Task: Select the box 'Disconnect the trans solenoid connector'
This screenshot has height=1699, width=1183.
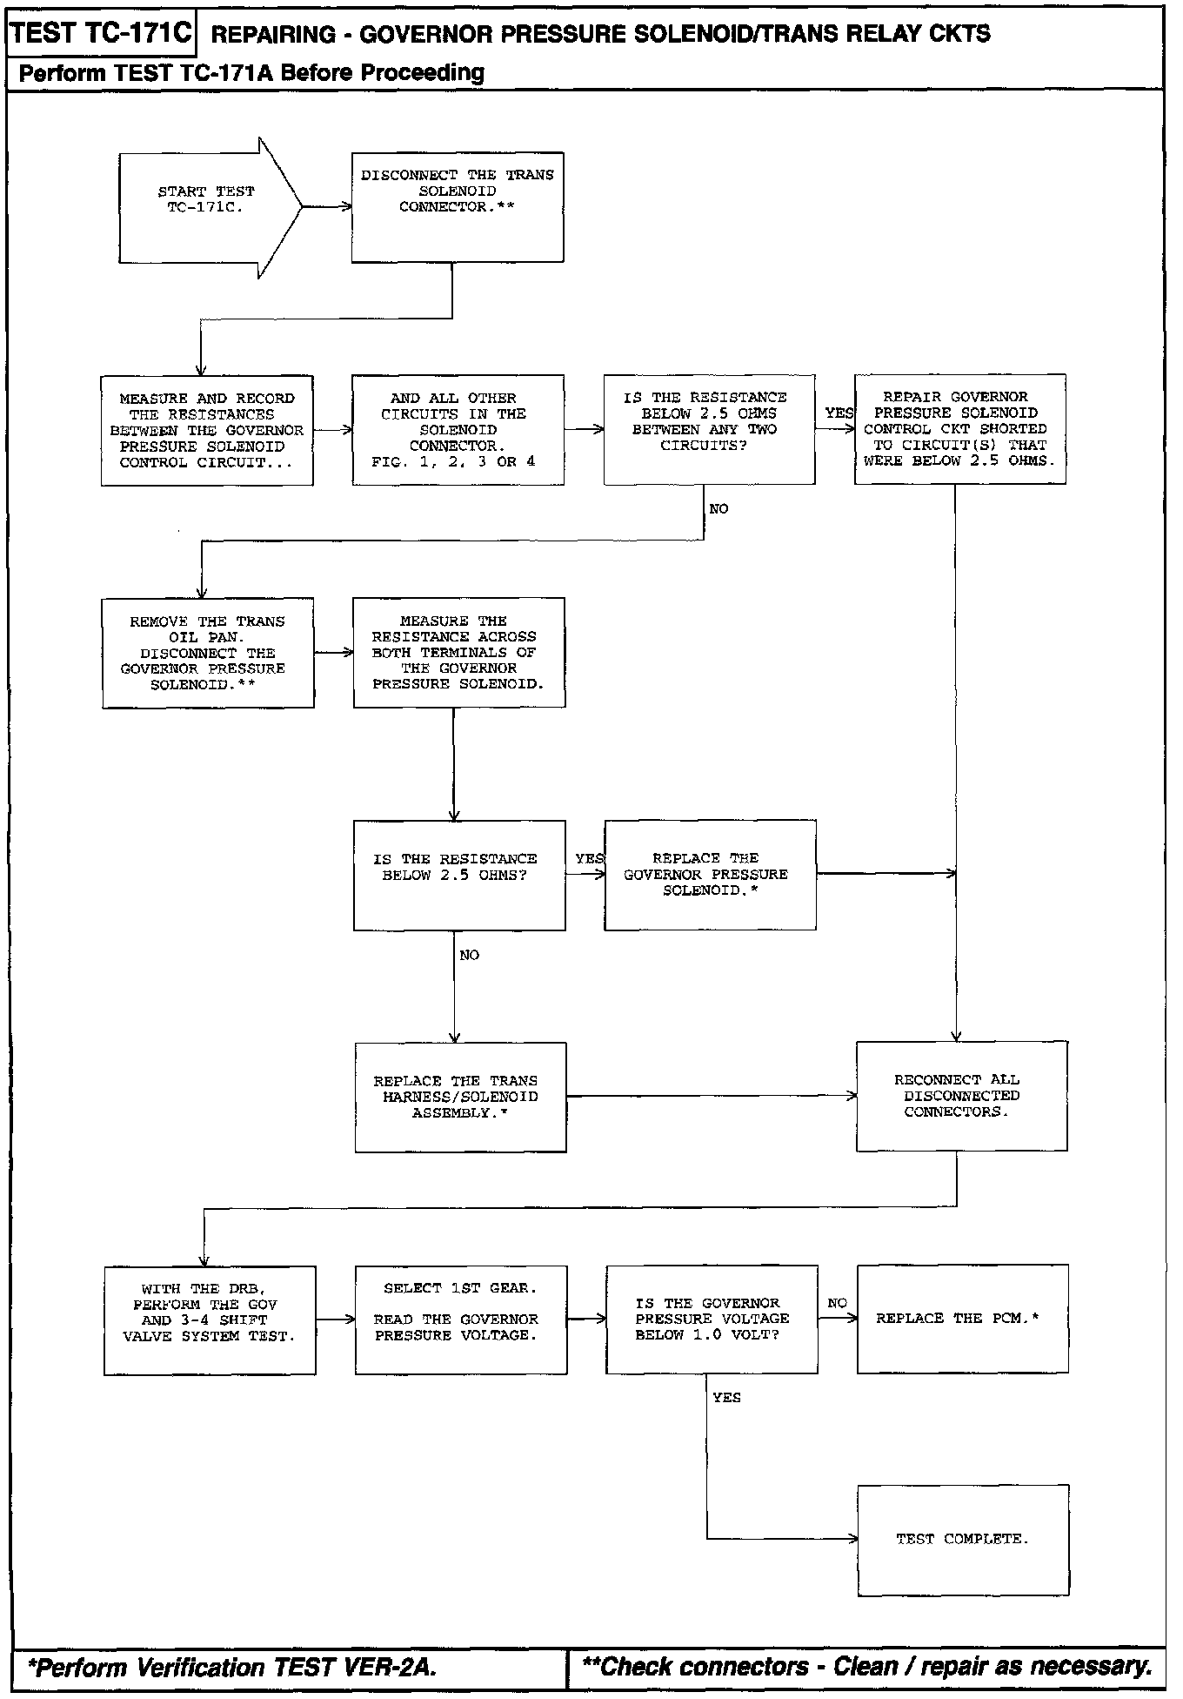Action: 458,207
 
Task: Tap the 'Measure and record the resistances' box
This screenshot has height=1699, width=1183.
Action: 207,430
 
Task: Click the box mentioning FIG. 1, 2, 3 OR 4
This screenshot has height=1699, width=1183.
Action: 458,430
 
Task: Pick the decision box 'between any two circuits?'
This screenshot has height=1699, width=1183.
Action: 709,429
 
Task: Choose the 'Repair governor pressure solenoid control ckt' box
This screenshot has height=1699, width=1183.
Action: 959,429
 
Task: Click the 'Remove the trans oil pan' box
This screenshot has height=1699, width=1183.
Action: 208,653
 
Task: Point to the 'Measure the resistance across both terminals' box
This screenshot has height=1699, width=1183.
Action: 458,652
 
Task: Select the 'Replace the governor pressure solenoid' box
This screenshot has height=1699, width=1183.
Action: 710,875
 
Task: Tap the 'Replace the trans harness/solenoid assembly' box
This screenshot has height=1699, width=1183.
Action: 460,1097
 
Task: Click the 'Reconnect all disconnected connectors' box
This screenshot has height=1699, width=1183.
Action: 961,1096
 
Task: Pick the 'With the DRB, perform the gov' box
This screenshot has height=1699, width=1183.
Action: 210,1320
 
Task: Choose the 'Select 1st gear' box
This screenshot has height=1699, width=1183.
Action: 460,1320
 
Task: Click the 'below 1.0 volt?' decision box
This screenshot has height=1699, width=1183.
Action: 712,1319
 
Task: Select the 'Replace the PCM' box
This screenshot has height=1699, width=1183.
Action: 962,1319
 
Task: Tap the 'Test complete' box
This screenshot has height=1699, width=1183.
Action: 963,1540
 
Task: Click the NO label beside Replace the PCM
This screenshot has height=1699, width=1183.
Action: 837,1303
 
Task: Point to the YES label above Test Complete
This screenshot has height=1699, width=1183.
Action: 726,1397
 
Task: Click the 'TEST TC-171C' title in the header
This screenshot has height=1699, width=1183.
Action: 101,34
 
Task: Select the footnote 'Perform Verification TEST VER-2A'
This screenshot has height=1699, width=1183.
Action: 232,1668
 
